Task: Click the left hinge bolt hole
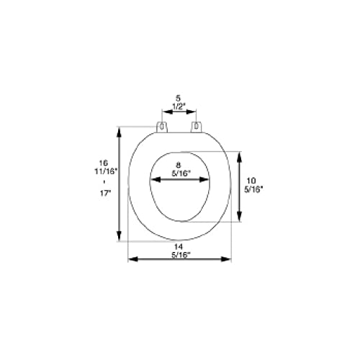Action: (x=162, y=126)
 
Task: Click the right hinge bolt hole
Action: (x=197, y=126)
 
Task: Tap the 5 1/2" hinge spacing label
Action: (x=178, y=102)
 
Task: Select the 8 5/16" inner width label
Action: (x=179, y=169)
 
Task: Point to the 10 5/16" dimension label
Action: (x=253, y=185)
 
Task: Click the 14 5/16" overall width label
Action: (x=179, y=251)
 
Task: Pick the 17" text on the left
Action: (x=104, y=193)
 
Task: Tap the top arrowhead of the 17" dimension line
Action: (x=119, y=132)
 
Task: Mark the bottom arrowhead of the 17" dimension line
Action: (x=119, y=235)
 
